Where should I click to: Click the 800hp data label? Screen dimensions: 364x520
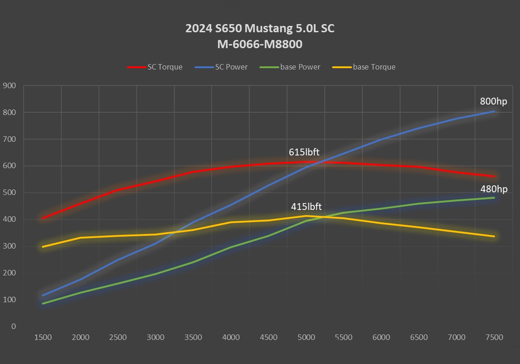[494, 101]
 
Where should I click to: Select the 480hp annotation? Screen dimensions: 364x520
[494, 189]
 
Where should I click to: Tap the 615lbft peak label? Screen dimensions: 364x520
[304, 152]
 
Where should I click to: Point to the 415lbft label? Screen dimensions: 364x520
[306, 207]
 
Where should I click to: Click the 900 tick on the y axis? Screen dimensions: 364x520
[10, 85]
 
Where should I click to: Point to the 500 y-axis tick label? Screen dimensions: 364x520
[10, 193]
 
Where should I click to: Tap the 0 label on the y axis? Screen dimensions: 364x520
[14, 327]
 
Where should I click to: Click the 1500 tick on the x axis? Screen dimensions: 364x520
[43, 337]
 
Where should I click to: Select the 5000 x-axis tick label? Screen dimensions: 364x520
[306, 337]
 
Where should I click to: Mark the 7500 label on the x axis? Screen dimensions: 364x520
[494, 337]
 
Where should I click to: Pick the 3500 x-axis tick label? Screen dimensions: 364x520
[193, 337]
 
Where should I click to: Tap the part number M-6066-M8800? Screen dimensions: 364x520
[260, 45]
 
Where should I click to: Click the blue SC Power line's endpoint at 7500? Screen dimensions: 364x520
[494, 111]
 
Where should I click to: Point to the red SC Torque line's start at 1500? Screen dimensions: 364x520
[43, 218]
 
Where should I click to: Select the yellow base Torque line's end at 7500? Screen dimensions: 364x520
[494, 236]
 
